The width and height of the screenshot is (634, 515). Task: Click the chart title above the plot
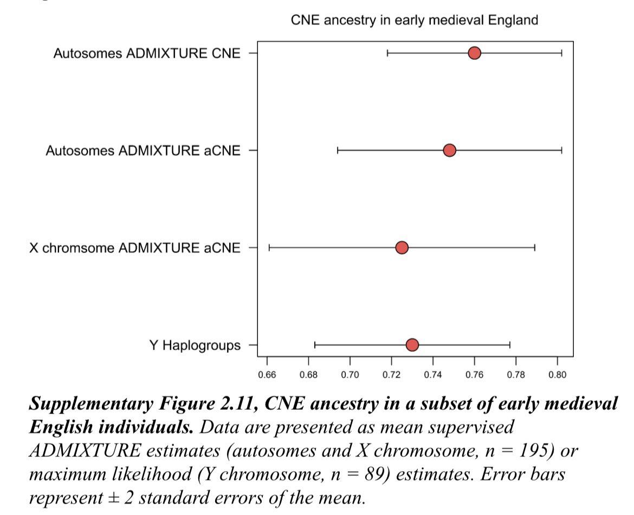415,21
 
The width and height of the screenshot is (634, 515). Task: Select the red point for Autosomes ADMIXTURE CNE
475,53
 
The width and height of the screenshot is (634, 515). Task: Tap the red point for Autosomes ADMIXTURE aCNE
449,150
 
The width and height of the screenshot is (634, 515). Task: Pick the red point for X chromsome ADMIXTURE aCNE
402,248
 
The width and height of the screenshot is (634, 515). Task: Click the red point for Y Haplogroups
412,345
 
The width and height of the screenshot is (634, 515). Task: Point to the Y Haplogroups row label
195,346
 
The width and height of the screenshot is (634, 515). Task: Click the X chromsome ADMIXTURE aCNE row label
135,248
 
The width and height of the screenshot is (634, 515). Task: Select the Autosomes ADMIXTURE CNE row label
147,53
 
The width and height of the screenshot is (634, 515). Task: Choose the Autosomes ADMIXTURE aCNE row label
143,150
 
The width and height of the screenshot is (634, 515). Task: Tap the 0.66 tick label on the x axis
267,374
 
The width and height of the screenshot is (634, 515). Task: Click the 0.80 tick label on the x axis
558,374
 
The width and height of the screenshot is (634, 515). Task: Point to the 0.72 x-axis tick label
392,374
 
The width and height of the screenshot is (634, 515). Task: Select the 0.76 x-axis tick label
475,374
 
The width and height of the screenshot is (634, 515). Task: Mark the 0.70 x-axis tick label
350,374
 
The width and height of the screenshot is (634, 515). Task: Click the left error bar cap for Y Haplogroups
315,345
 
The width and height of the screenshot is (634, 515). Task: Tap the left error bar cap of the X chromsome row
269,248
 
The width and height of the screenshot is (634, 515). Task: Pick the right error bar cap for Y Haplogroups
510,345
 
